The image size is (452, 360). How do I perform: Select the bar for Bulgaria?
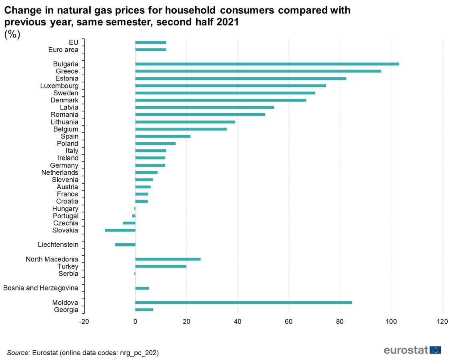pos(267,64)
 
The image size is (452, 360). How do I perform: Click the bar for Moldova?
pos(244,302)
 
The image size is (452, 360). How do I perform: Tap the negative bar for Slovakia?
pos(120,230)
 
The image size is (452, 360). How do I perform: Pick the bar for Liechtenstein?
pos(125,245)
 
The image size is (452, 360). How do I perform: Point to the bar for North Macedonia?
pos(168,259)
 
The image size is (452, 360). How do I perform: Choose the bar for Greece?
pos(258,71)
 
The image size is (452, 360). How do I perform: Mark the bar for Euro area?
pos(151,50)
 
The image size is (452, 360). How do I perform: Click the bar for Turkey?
pos(161,266)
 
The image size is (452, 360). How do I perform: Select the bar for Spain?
pos(163,136)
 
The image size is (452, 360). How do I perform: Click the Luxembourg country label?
pos(59,86)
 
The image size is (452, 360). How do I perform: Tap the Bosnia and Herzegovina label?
pos(41,288)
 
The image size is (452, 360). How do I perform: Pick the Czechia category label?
pos(66,223)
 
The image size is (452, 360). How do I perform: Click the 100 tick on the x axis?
pos(391,321)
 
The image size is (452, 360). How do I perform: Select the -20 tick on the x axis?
pos(84,321)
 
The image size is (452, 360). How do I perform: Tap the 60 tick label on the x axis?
pos(289,321)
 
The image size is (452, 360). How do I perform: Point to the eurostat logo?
pos(412,350)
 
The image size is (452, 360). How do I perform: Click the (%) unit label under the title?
pos(12,35)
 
